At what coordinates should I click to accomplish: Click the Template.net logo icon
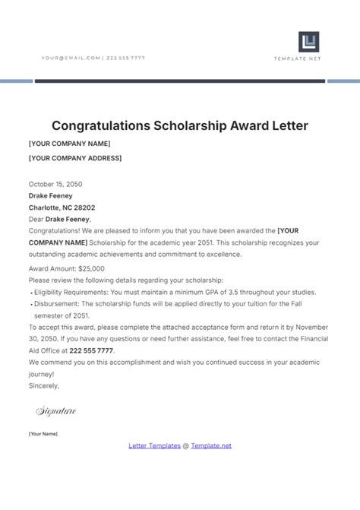click(308, 42)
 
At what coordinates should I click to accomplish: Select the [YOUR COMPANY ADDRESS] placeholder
click(74, 158)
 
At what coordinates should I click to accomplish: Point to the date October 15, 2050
click(55, 184)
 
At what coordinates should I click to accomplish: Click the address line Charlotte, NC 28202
click(62, 207)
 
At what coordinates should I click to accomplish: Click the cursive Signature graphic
click(56, 411)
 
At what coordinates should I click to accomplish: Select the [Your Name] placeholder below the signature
click(43, 433)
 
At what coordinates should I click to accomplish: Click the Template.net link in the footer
click(210, 445)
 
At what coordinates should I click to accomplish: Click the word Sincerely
click(43, 386)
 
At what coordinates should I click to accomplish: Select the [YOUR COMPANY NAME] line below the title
click(68, 143)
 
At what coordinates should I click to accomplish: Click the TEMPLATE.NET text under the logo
click(308, 59)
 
